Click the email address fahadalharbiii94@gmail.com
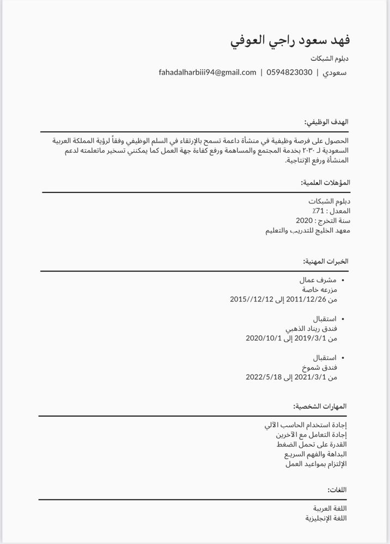208,72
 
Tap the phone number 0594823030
289,72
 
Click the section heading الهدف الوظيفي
326,122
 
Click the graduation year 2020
304,220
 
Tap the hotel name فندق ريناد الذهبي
311,329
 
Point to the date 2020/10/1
263,338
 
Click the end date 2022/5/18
263,377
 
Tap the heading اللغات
337,490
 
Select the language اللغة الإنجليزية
326,518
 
